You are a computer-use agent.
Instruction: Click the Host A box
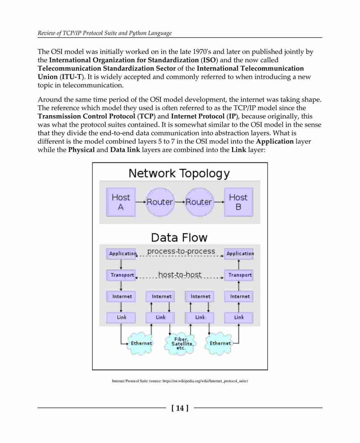pos(121,202)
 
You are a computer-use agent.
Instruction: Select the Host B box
pos(238,202)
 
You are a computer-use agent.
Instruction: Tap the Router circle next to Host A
pos(160,202)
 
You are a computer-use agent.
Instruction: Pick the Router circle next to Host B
pos(199,202)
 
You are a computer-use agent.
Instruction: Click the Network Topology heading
pos(179,174)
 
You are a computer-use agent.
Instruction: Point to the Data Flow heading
pos(179,237)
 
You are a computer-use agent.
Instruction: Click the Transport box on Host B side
pos(239,275)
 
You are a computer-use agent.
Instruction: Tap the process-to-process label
pos(181,251)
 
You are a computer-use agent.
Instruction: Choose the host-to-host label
pos(180,274)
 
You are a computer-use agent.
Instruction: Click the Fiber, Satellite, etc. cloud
pos(180,344)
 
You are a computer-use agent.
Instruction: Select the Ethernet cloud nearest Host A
pos(140,343)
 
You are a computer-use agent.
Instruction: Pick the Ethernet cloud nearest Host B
pos(219,343)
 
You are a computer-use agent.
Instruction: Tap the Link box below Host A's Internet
pos(121,318)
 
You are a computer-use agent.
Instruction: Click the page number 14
pos(180,408)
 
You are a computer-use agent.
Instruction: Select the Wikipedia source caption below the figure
pos(180,381)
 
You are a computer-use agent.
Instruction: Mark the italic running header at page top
pos(105,33)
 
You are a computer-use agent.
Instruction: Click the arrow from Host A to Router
pos(140,202)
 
